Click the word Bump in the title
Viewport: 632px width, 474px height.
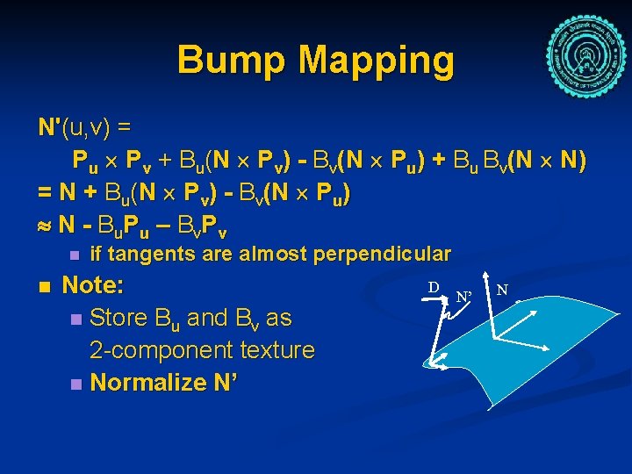pyautogui.click(x=233, y=61)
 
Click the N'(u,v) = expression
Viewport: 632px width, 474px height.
pyautogui.click(x=84, y=128)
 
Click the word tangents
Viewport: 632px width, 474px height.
pyautogui.click(x=151, y=255)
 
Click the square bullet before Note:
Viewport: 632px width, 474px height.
pyautogui.click(x=45, y=287)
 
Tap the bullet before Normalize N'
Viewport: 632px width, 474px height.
pyautogui.click(x=76, y=384)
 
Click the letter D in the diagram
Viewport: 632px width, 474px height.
pyautogui.click(x=434, y=287)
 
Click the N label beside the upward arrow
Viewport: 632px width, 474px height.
pyautogui.click(x=501, y=288)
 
